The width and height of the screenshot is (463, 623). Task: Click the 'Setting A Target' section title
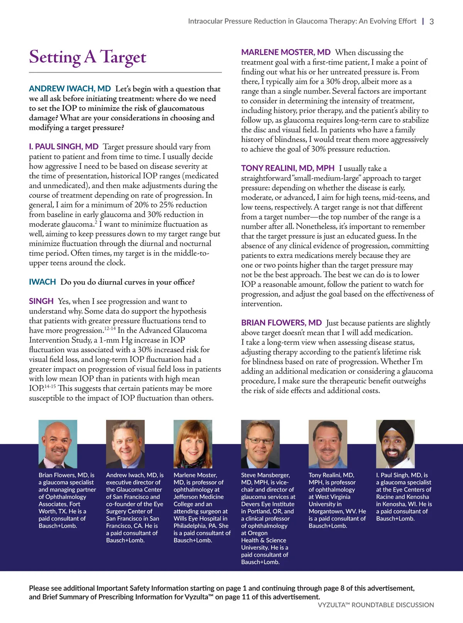[88, 57]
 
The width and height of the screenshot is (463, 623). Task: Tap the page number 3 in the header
[431, 22]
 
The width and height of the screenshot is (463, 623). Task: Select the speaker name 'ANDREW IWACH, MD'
[70, 89]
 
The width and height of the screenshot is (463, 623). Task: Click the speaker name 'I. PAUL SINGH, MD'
[64, 147]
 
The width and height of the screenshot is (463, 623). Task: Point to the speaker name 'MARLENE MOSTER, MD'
[286, 53]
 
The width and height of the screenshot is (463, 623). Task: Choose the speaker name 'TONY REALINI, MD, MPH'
[288, 168]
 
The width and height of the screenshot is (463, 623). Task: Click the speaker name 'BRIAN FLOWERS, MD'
[281, 323]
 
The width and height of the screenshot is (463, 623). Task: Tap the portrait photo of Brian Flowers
[58, 444]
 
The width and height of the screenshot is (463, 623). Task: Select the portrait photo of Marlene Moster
[193, 444]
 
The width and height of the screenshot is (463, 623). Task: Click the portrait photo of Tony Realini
[328, 444]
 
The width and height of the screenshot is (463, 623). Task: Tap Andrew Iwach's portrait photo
[125, 444]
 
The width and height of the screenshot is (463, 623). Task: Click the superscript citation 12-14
[110, 328]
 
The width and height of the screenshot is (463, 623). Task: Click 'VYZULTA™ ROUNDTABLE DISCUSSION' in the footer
[376, 605]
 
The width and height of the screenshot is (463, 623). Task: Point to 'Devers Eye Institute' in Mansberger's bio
[267, 504]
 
